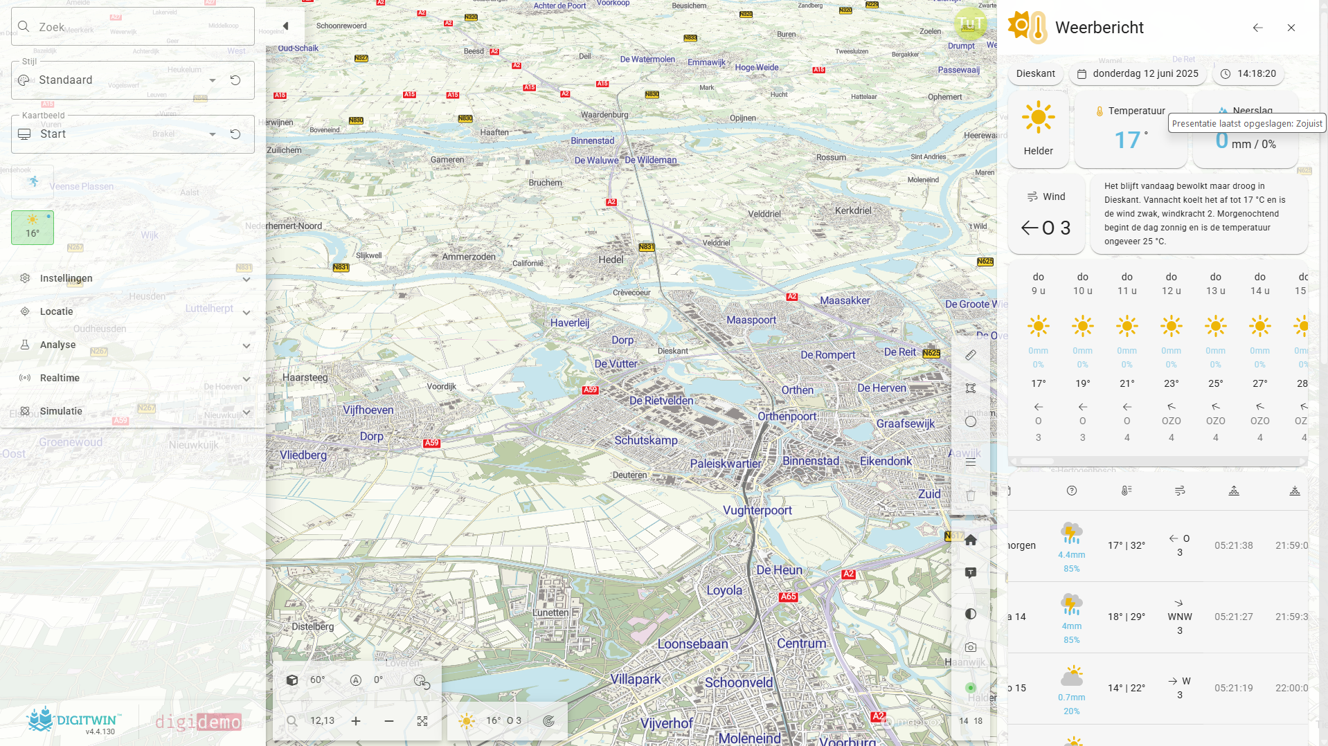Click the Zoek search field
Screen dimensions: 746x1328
click(x=132, y=27)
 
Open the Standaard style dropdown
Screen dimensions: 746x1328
click(x=212, y=80)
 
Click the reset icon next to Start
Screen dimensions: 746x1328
click(x=235, y=134)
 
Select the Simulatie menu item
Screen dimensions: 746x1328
click(x=61, y=411)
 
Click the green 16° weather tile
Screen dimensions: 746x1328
click(x=33, y=227)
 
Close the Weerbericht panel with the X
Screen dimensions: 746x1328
click(x=1291, y=28)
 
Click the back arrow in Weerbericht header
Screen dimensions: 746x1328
click(x=1257, y=28)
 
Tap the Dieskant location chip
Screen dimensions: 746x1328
click(x=1035, y=73)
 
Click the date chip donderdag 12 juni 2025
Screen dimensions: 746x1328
click(x=1138, y=73)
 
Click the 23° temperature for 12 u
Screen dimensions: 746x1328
click(x=1171, y=383)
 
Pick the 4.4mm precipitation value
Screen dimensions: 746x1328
click(x=1071, y=555)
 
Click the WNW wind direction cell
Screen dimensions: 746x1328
click(x=1179, y=617)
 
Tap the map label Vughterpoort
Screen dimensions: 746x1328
click(x=757, y=510)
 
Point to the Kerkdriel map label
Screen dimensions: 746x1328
click(x=853, y=210)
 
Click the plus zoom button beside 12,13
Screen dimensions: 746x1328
click(x=356, y=721)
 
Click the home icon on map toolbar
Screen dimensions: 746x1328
click(x=971, y=540)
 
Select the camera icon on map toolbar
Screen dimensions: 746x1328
click(x=971, y=647)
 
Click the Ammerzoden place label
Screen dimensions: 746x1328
click(x=469, y=257)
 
